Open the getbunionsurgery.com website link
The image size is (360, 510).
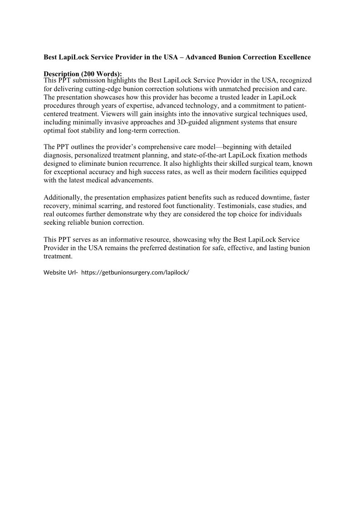pos(135,273)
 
